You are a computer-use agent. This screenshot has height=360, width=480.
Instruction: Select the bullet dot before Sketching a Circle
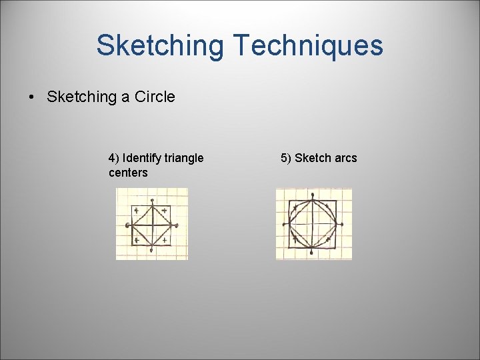(x=31, y=97)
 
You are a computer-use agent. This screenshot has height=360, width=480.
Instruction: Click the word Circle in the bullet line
(x=155, y=97)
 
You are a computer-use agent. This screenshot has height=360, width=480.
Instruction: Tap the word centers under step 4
(x=128, y=173)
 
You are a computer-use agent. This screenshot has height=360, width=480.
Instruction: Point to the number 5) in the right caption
(x=286, y=158)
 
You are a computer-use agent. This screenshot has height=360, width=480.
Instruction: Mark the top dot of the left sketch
(x=153, y=200)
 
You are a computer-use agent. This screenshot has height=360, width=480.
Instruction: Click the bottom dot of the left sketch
(x=153, y=250)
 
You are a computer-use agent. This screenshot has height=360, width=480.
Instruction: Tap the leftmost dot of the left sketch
(x=127, y=225)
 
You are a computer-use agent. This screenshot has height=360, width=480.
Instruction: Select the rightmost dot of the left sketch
(x=177, y=226)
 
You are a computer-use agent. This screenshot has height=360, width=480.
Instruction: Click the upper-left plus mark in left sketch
(x=137, y=211)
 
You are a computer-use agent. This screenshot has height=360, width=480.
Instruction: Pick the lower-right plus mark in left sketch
(x=165, y=239)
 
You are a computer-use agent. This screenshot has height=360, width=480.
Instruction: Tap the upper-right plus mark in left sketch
(x=165, y=211)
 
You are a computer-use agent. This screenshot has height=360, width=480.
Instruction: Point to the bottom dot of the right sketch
(x=311, y=251)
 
